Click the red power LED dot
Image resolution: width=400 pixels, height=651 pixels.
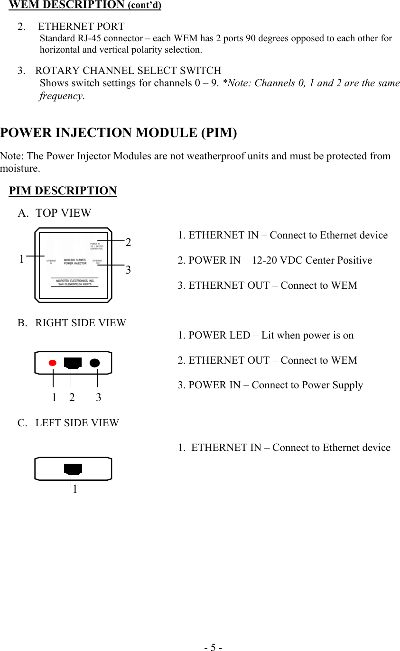pyautogui.click(x=53, y=363)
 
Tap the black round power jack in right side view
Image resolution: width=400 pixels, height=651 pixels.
pyautogui.click(x=95, y=363)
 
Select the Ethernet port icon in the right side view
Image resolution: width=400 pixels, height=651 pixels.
pyautogui.click(x=73, y=363)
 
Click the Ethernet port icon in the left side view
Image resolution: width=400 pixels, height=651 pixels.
pyautogui.click(x=73, y=469)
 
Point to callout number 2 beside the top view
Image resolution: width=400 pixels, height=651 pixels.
pyautogui.click(x=128, y=242)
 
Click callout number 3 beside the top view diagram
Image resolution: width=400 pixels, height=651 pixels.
pyautogui.click(x=128, y=270)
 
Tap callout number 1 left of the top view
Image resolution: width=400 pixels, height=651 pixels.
pyautogui.click(x=22, y=259)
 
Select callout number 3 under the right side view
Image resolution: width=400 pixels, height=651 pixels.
pyautogui.click(x=98, y=397)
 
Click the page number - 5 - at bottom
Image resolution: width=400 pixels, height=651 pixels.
pyautogui.click(x=213, y=647)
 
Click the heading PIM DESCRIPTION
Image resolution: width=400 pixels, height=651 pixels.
pyautogui.click(x=63, y=191)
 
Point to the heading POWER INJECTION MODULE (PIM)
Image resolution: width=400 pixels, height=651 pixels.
pyautogui.click(x=119, y=133)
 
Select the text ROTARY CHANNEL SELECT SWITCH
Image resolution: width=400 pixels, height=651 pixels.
pyautogui.click(x=128, y=71)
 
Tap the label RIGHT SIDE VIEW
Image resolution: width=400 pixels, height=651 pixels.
pyautogui.click(x=81, y=323)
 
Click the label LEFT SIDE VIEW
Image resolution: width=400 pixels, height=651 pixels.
pyautogui.click(x=77, y=423)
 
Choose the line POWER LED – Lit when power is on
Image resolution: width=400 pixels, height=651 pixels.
pyautogui.click(x=266, y=335)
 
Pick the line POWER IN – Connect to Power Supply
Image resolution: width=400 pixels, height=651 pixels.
pyautogui.click(x=270, y=385)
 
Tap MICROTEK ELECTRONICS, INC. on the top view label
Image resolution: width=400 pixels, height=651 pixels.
pyautogui.click(x=75, y=281)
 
